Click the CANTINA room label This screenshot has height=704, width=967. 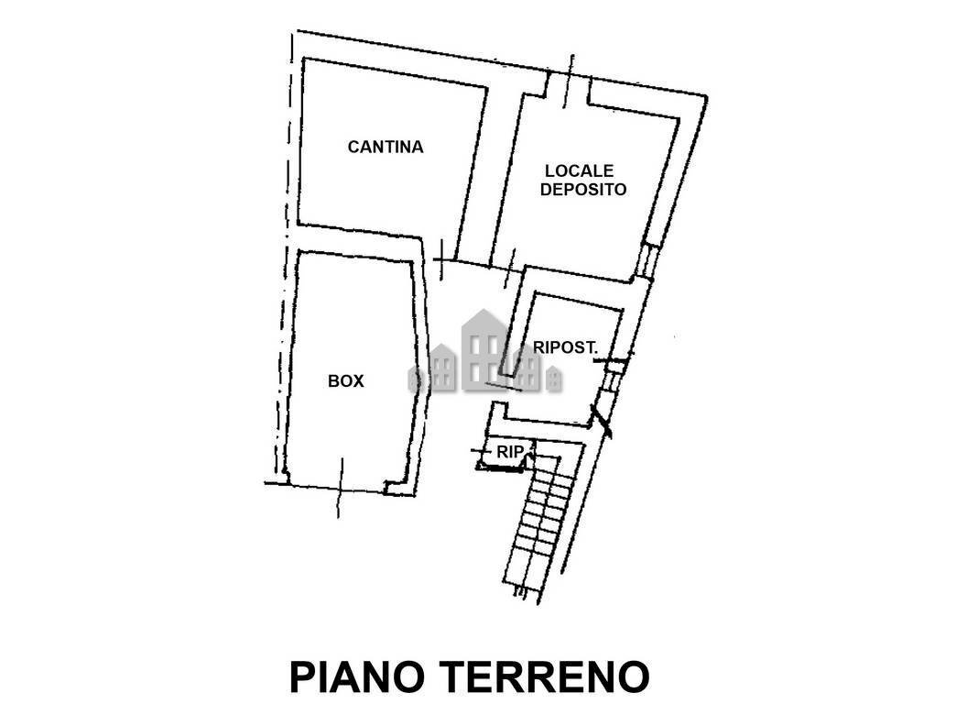coord(386,147)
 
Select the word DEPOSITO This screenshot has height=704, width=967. coord(583,191)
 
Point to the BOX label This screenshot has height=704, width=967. coord(346,381)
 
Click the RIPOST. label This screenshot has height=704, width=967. coord(566,348)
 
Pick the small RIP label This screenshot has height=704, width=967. coord(510,452)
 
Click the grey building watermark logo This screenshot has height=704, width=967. coord(484,353)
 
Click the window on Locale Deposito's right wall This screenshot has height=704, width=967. coord(647,259)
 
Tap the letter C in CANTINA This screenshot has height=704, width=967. coord(353,147)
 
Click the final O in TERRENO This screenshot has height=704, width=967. coord(634,676)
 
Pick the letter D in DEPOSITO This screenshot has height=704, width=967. coord(547,191)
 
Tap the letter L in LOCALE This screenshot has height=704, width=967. coord(550,170)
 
